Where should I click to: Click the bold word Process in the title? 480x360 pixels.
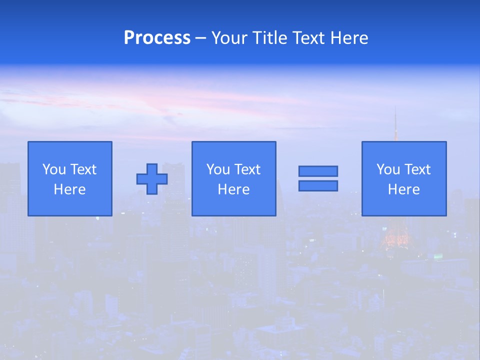(157, 38)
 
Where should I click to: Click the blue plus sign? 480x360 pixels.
(152, 179)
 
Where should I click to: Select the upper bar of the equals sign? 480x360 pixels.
(318, 171)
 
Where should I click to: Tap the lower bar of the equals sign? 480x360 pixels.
(318, 185)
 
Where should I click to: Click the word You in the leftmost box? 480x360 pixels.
(54, 169)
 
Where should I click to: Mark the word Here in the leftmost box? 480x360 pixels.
(69, 189)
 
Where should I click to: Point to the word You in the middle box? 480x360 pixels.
(218, 169)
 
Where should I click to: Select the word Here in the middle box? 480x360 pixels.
(233, 189)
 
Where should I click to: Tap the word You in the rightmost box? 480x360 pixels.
(388, 169)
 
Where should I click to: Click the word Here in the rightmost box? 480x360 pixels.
(403, 189)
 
